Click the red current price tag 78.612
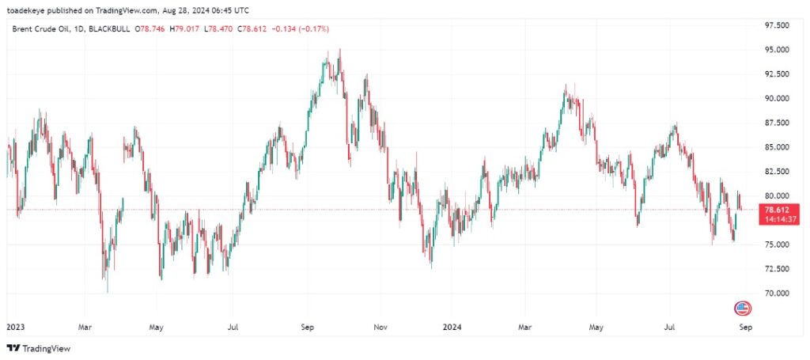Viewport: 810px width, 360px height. pos(771,210)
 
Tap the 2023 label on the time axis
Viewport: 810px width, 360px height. pos(15,325)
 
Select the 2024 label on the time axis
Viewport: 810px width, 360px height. pos(452,325)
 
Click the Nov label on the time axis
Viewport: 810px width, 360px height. pos(380,325)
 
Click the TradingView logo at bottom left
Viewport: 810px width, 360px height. pos(39,348)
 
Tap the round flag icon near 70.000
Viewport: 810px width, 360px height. pos(743,308)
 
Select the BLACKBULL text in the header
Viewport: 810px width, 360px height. pos(111,29)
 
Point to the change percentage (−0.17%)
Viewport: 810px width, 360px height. pos(313,29)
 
